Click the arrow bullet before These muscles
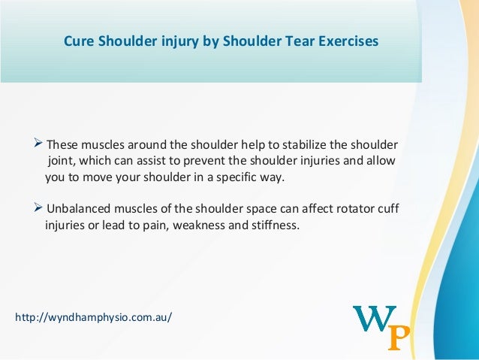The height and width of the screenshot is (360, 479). pyautogui.click(x=40, y=144)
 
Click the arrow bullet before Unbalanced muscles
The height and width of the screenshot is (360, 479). pyautogui.click(x=40, y=207)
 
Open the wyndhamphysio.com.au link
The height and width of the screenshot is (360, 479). pyautogui.click(x=94, y=317)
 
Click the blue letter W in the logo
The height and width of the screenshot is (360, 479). pyautogui.click(x=373, y=319)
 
